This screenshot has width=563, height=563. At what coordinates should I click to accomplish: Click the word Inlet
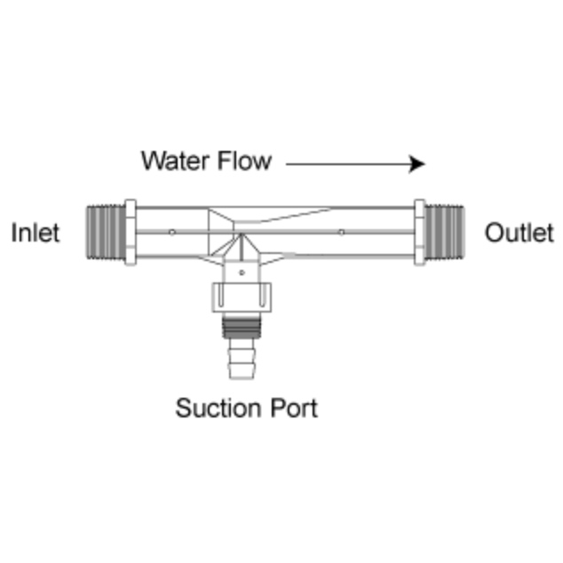[36, 233]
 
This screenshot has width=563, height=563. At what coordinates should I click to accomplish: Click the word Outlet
[519, 233]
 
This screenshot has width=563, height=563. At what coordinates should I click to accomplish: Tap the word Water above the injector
[175, 161]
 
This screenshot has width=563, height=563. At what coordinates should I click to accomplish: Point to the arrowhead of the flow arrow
[417, 163]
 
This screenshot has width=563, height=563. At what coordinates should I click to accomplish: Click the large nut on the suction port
[241, 297]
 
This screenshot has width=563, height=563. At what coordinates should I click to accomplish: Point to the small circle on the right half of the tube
[342, 233]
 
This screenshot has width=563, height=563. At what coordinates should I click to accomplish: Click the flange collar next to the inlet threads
[130, 233]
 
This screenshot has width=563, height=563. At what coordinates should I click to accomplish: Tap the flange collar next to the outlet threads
[419, 233]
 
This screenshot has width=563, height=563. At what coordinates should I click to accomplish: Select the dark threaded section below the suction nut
[241, 328]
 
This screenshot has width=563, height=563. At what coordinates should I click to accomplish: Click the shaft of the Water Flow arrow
[346, 163]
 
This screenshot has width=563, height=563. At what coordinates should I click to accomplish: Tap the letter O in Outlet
[494, 233]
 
